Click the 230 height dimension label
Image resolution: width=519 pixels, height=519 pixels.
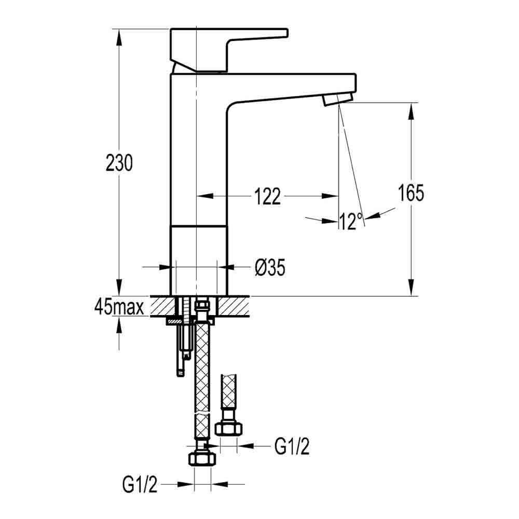coord(119,163)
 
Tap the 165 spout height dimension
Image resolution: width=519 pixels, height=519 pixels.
coord(411,193)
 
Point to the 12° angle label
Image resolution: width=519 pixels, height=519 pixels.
coord(351,222)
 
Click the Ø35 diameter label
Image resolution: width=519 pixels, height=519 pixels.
coord(270,268)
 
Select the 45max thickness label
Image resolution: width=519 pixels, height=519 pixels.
coord(119,307)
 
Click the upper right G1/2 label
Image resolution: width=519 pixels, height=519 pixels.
coord(292,446)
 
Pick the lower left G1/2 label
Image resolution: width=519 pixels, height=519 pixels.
coord(140,485)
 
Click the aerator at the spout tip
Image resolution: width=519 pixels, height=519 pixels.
coord(337,99)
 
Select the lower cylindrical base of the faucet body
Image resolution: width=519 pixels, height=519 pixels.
coord(199,259)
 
